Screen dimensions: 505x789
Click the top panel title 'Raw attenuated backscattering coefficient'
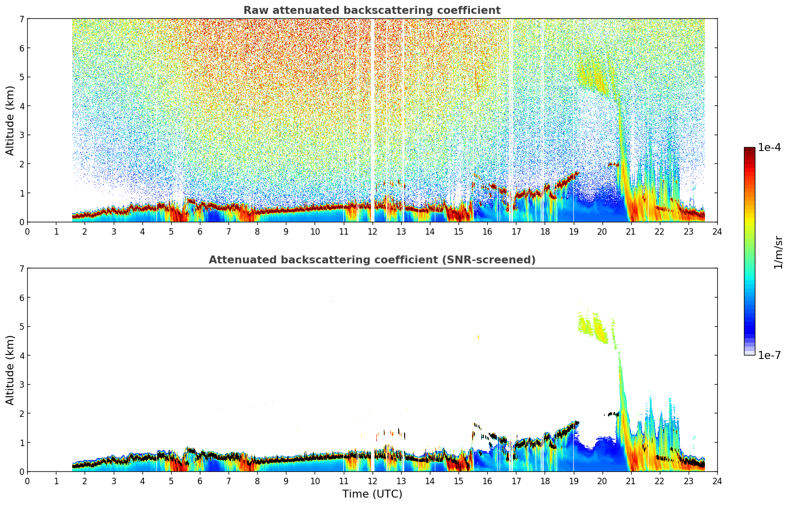click(x=371, y=10)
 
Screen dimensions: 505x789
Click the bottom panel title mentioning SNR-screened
click(x=371, y=260)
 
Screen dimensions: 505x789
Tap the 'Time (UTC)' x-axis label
click(x=372, y=494)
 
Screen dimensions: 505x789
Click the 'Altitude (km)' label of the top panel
click(x=10, y=120)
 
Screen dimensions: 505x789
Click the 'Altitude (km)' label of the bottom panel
click(x=10, y=370)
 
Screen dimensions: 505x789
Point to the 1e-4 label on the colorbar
click(x=769, y=148)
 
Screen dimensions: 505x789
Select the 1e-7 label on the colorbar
click(x=769, y=355)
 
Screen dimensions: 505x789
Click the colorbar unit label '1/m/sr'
click(x=778, y=252)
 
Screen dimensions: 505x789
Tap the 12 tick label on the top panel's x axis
click(x=372, y=232)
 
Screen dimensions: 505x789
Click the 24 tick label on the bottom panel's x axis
click(x=717, y=481)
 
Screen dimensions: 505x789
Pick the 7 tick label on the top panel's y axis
click(x=21, y=19)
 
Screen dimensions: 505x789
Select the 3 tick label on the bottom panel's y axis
click(x=21, y=384)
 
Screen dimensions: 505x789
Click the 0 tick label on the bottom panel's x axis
click(x=27, y=481)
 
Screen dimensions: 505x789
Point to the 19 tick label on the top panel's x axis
click(x=573, y=232)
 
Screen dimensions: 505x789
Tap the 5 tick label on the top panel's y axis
click(x=21, y=77)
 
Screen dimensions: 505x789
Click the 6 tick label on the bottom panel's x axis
click(x=200, y=481)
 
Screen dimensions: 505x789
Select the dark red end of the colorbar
click(x=749, y=151)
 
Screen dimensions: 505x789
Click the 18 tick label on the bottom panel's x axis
click(x=545, y=481)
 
